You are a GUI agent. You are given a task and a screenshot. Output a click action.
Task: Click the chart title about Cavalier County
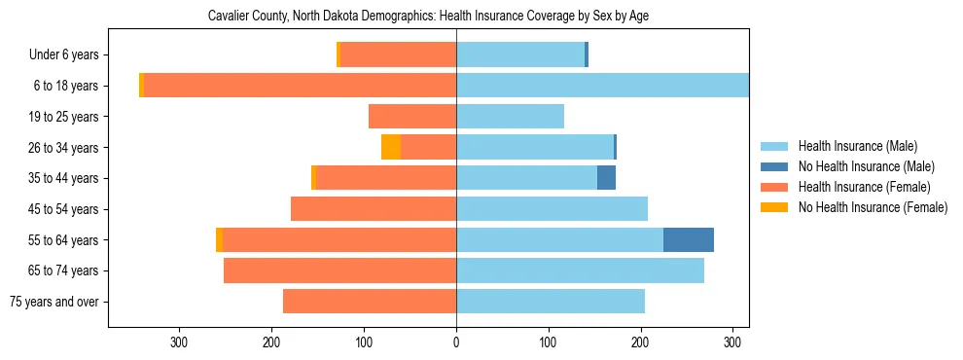coord(428,17)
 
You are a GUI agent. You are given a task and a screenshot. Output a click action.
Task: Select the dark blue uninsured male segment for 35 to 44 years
coord(606,178)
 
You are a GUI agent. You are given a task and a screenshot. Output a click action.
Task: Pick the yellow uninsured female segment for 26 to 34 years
coord(391,147)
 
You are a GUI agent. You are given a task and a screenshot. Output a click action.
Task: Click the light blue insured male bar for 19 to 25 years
coord(510,117)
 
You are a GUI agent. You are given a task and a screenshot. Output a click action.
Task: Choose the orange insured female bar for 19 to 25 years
coord(412,117)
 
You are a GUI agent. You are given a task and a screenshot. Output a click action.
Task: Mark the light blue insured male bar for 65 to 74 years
coord(580,270)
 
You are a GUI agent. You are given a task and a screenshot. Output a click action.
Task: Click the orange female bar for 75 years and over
coord(370,302)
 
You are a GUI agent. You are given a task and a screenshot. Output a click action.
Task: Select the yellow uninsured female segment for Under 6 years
coord(339,55)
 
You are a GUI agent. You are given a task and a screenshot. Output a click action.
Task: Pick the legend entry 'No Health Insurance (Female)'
coord(873,207)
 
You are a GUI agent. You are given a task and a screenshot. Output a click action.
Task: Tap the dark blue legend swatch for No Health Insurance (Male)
coord(774,166)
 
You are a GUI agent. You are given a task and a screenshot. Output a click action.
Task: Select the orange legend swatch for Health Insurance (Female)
coord(774,187)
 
